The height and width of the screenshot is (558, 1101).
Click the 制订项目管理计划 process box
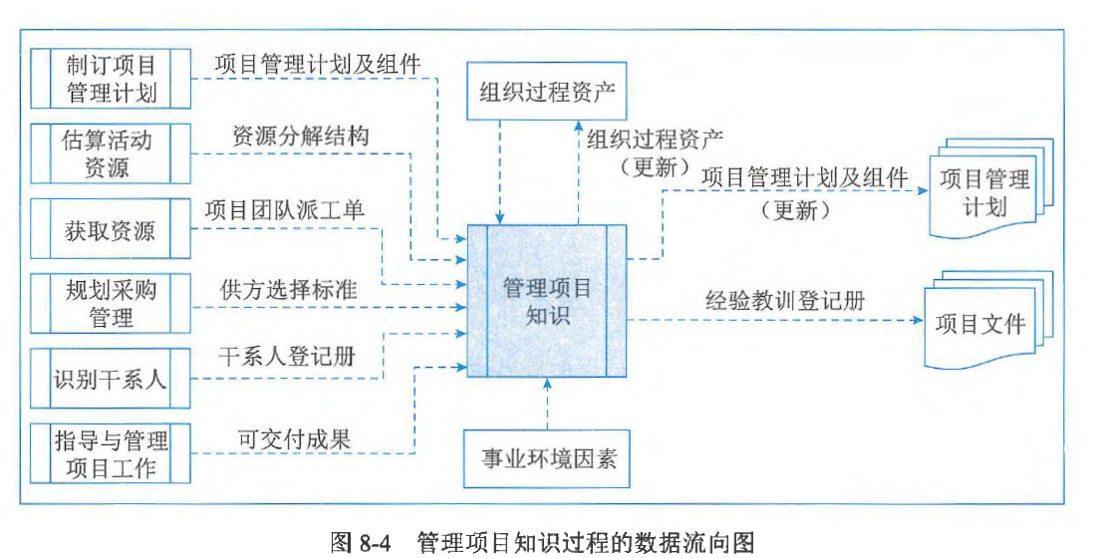click(x=111, y=80)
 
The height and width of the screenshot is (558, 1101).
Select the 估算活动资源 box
click(x=111, y=153)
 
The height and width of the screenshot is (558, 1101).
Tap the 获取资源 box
click(x=111, y=231)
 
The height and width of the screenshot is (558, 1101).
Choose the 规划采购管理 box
click(x=111, y=304)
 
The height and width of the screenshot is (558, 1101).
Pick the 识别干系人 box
click(x=111, y=380)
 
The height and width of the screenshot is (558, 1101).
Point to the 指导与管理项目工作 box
click(x=111, y=453)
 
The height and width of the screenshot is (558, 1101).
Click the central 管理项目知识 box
click(x=547, y=302)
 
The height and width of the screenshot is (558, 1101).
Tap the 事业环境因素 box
click(x=547, y=458)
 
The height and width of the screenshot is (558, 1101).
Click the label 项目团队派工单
click(x=285, y=211)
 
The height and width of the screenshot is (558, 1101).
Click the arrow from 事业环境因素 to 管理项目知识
click(x=547, y=406)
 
